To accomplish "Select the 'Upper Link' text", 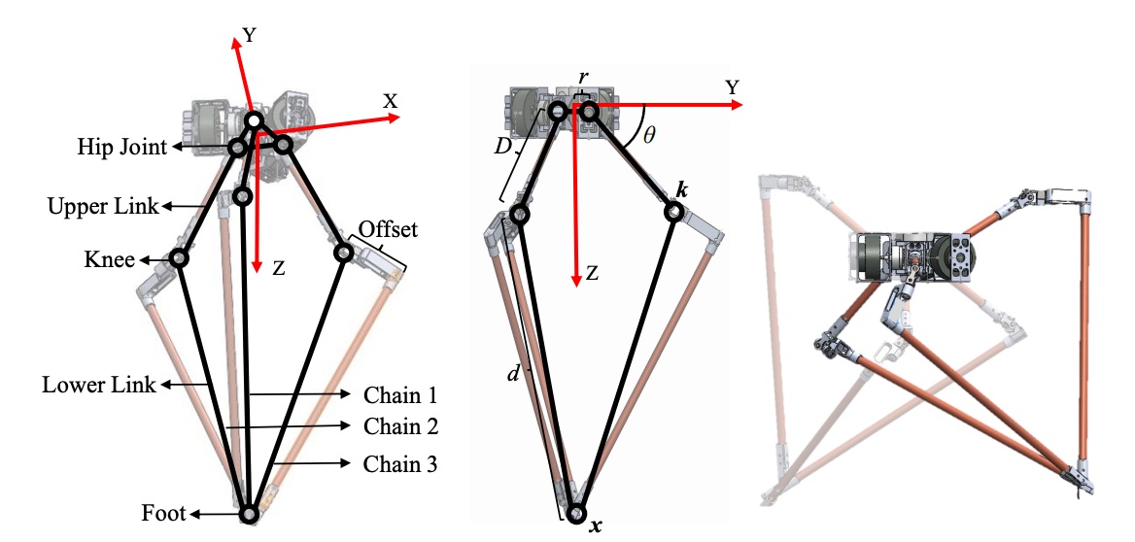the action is tap(103, 206).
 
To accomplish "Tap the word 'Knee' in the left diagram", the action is tap(111, 259).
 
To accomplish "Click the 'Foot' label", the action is tap(163, 515).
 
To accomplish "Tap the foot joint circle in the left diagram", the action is tap(249, 514).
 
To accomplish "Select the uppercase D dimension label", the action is tap(503, 146).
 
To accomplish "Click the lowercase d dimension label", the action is tap(514, 376).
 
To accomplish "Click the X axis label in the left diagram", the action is tap(391, 101).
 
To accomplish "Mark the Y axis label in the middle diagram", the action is tap(733, 87).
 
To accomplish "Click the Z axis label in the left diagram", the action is tap(279, 269).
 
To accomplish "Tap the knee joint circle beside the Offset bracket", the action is tap(343, 254).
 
